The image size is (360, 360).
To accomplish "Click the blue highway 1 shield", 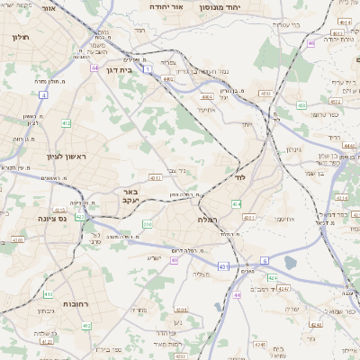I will click(x=147, y=56).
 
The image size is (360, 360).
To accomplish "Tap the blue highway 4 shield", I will click(x=43, y=94).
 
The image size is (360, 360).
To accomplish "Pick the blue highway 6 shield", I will click(x=265, y=261).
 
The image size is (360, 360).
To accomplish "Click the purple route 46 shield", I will click(x=310, y=42).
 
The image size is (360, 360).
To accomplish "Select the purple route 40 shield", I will click(x=173, y=260).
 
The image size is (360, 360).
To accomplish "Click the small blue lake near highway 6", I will click(x=290, y=263).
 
